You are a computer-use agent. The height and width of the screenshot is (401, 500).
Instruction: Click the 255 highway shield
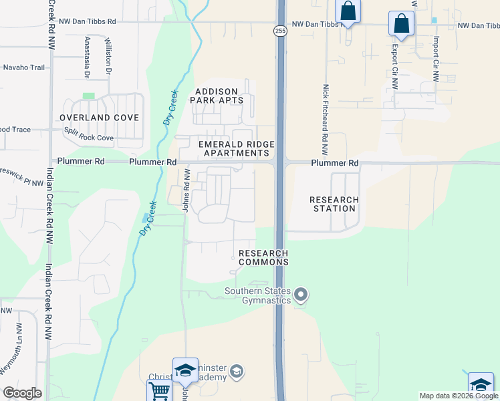coord(279,30)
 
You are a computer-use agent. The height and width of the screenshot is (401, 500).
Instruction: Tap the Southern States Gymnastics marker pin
coord(301,294)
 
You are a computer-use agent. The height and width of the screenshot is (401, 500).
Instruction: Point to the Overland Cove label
coord(99,118)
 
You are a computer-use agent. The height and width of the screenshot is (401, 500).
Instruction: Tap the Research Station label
coord(334,204)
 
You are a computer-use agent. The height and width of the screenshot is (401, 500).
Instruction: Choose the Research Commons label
coord(263,257)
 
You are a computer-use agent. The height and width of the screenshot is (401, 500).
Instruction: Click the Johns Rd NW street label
coord(187,190)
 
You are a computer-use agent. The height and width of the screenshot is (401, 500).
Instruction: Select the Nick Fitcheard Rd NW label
coord(326,114)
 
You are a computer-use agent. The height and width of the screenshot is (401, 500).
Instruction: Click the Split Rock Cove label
coord(90,138)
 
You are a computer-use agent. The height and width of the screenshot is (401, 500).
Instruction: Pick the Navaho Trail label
coord(24,68)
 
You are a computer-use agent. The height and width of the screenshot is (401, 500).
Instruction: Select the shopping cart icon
coord(159,391)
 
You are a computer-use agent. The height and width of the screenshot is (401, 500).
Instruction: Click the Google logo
coord(23,392)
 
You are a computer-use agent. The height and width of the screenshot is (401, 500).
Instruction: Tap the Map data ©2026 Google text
coord(459,396)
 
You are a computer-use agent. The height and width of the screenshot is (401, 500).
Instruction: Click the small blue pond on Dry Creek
coord(146,218)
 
